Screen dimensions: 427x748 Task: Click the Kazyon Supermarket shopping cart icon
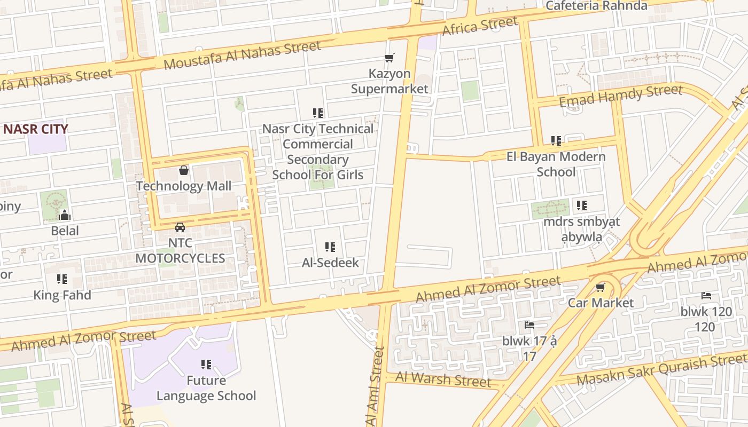click(x=389, y=58)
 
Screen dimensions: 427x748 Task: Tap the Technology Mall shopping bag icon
click(x=184, y=170)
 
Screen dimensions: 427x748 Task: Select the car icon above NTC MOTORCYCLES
click(x=180, y=227)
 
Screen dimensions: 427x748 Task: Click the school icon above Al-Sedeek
click(x=330, y=247)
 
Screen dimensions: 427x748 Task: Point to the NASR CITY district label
click(x=36, y=129)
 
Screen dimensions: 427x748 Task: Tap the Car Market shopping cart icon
click(x=601, y=288)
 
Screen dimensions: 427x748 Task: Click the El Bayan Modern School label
click(x=556, y=164)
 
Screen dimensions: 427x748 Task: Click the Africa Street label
click(x=480, y=26)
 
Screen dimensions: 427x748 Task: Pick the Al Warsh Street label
click(x=443, y=379)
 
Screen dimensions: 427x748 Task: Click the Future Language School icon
click(x=206, y=365)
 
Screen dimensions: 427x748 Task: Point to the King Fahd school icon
click(x=62, y=279)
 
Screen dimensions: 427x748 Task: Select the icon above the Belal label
click(x=65, y=216)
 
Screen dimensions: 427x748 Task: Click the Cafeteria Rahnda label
click(x=596, y=6)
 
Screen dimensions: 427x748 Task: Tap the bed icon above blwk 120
click(x=706, y=296)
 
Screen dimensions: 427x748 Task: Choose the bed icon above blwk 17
click(x=529, y=325)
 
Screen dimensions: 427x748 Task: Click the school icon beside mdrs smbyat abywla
click(x=582, y=205)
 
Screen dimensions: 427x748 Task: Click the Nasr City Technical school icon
click(x=318, y=113)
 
